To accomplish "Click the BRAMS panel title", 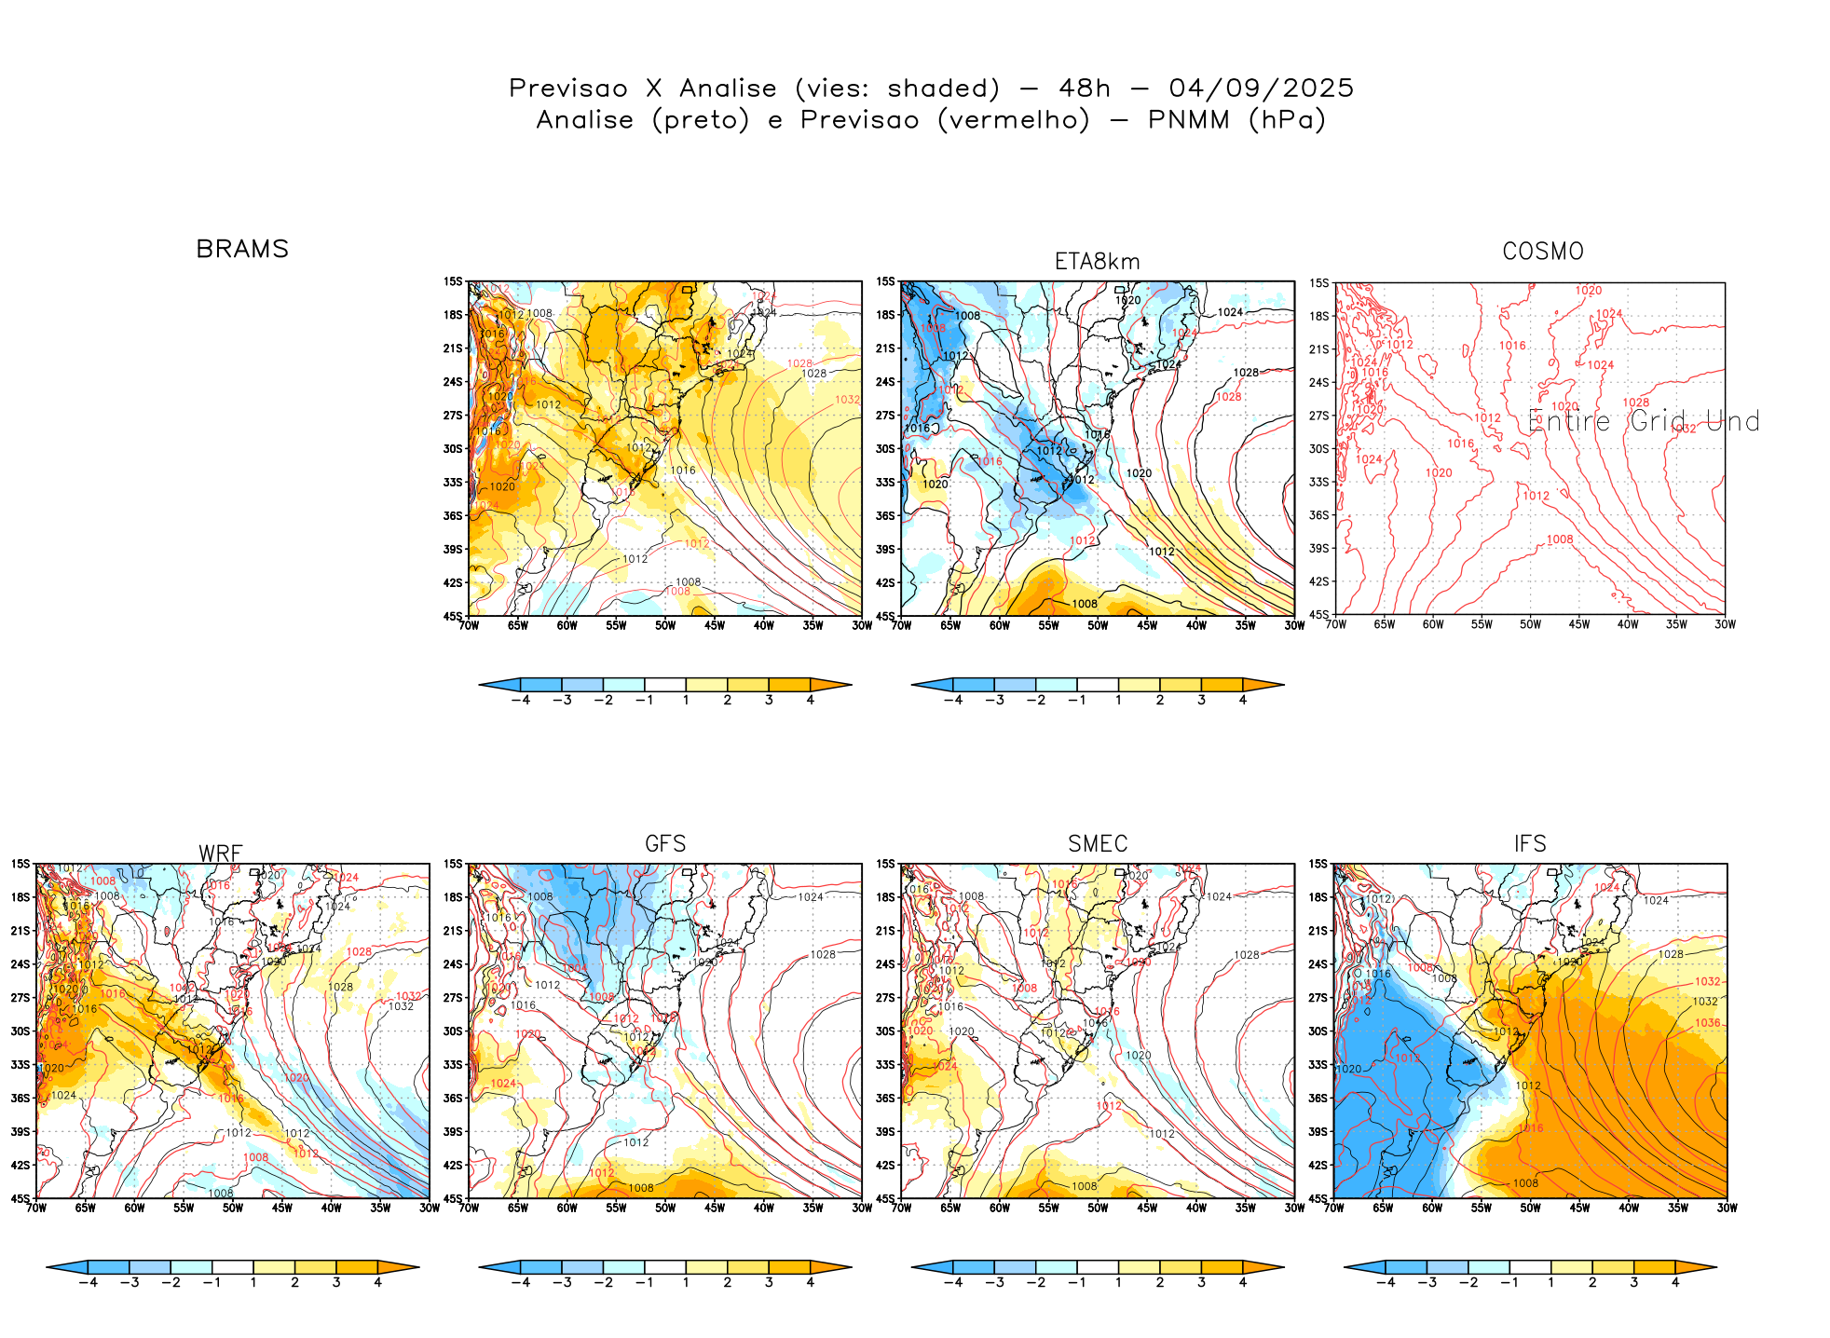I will [242, 250].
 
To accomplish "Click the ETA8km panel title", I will [1097, 262].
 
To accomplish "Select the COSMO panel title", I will [1542, 252].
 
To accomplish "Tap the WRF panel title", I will [221, 853].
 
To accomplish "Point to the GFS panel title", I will [665, 844].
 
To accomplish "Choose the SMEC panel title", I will [1098, 844].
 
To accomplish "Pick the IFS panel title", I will [1530, 844].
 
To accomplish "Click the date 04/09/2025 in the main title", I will [1261, 89].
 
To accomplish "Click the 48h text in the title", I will [1085, 89].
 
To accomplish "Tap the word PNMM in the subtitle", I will [1189, 120].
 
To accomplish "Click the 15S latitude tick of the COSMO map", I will [1318, 283].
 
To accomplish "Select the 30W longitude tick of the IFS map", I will [1727, 1208].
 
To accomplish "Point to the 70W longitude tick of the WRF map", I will [36, 1208].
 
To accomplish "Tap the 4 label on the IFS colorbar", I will [1674, 1283].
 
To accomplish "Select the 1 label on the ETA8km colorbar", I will [1118, 700].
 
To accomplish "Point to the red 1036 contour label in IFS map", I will [1708, 1023].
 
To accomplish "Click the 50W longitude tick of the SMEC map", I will [1098, 1208].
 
